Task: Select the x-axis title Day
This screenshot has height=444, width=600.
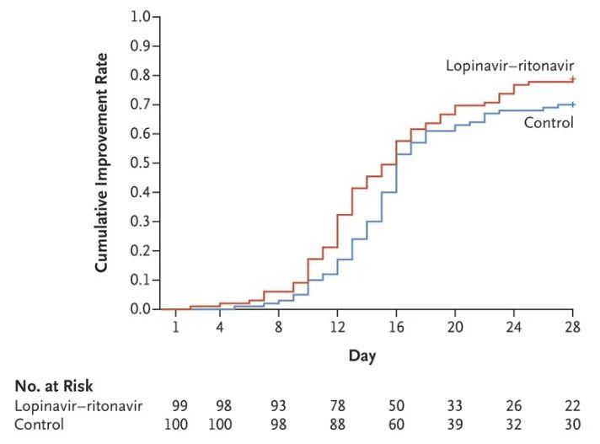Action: click(362, 356)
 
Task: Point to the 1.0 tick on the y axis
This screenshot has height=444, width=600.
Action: click(144, 17)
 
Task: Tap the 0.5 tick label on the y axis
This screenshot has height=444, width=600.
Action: click(144, 163)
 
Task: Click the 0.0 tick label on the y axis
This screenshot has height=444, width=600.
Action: click(144, 309)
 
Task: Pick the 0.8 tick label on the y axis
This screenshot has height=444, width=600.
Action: click(144, 75)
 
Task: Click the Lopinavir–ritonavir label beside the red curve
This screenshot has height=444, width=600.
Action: click(510, 65)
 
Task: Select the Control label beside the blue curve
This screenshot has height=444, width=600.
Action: click(549, 123)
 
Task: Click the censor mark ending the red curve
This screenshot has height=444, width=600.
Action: click(572, 79)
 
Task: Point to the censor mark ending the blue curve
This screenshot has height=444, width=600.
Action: click(572, 104)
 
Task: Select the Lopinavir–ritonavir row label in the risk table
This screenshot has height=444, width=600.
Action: click(78, 406)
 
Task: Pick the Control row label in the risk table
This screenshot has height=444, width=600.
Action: click(39, 424)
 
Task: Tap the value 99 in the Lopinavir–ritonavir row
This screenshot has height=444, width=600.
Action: click(179, 406)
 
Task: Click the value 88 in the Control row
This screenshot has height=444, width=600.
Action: click(337, 424)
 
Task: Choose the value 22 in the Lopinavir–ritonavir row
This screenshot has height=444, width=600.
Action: click(572, 406)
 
